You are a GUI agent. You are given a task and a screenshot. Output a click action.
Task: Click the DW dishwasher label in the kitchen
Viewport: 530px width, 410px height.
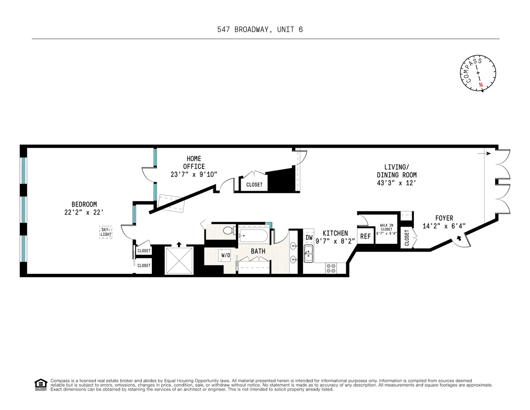click(x=309, y=238)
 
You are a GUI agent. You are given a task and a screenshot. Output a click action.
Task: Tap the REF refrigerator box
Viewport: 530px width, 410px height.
click(x=365, y=236)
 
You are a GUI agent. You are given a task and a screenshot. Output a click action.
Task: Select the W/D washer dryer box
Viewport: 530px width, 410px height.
click(x=226, y=255)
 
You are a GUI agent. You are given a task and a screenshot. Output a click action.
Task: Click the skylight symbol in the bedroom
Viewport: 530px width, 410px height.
click(x=105, y=233)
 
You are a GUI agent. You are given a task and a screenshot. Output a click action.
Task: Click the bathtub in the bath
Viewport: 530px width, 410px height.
click(x=254, y=235)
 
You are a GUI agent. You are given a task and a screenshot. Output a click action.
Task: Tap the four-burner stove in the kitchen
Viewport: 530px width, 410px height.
click(x=330, y=268)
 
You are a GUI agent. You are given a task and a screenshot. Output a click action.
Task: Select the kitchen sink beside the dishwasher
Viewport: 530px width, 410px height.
click(x=309, y=255)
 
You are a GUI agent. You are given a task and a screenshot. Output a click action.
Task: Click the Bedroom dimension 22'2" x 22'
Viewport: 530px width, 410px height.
click(x=84, y=212)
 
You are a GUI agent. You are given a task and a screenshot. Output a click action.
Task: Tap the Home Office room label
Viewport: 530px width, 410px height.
click(x=194, y=162)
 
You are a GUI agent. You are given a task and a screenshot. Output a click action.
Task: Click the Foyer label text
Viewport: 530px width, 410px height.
click(x=444, y=218)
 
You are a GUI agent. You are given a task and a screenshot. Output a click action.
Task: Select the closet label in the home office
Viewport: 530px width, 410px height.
click(x=254, y=185)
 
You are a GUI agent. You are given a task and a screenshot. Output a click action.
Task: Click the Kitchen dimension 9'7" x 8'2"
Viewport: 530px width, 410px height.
click(x=335, y=241)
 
